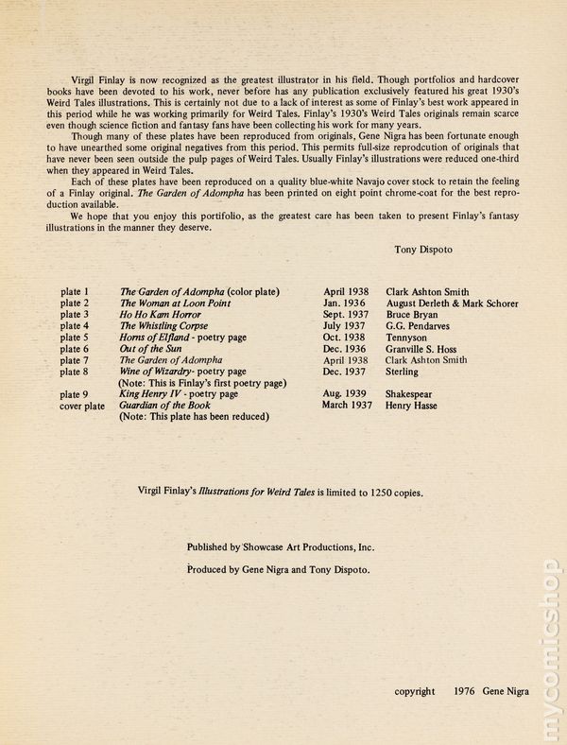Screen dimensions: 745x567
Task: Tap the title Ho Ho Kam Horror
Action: point(160,314)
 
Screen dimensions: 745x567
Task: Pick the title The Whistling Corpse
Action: point(164,325)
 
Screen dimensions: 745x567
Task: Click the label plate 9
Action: point(74,393)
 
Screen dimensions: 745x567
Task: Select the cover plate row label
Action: point(82,405)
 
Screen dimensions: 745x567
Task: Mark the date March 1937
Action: point(348,405)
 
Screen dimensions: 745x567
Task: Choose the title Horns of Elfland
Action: point(157,337)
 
